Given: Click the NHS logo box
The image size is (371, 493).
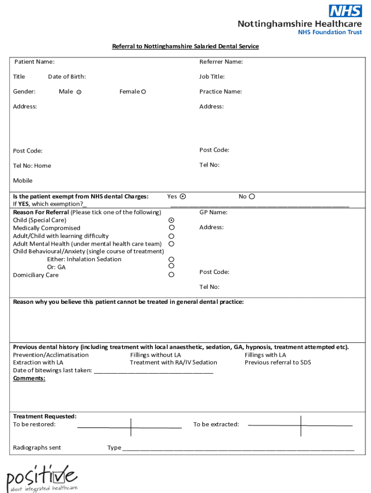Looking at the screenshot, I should [x=345, y=11].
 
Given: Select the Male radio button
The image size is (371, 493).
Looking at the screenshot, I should [x=79, y=92].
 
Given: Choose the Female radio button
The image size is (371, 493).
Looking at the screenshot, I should [x=144, y=91].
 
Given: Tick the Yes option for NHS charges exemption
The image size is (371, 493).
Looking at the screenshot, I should [x=183, y=196].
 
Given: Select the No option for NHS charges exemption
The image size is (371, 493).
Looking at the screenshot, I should [x=252, y=196].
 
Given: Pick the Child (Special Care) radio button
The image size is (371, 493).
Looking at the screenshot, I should [x=172, y=220].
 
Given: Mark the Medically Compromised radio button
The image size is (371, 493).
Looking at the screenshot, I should [x=172, y=228].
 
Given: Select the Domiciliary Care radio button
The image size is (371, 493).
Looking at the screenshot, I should [x=172, y=274].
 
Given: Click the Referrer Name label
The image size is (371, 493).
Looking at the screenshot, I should [x=221, y=62].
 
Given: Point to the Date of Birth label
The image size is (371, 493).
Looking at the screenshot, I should [x=67, y=77].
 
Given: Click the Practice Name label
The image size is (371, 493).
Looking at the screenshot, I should [x=220, y=91].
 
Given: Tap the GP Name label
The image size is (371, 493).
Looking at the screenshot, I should [x=213, y=212].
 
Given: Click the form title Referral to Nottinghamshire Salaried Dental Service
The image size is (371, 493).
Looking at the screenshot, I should [x=185, y=46].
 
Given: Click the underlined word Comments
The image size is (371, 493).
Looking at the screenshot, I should [x=29, y=378].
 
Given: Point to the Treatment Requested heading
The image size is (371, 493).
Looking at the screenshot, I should [x=44, y=416].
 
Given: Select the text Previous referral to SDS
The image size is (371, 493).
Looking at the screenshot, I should [x=278, y=363].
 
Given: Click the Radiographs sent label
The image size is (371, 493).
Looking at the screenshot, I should [x=37, y=448].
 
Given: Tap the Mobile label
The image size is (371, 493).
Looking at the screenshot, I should [x=23, y=181].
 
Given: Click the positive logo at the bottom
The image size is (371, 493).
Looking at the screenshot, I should [x=41, y=478].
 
